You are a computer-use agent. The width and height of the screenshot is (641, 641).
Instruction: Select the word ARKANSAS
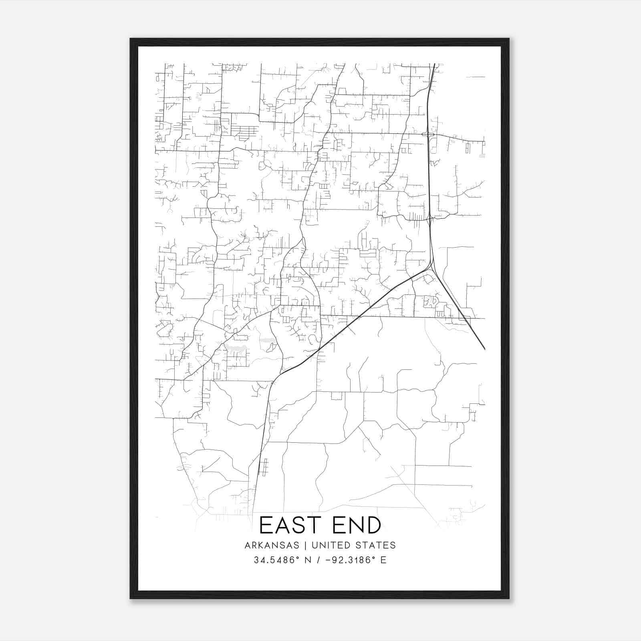(272, 545)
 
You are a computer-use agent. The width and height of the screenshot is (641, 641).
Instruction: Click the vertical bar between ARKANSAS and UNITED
(305, 545)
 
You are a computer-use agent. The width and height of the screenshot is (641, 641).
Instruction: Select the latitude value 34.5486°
(277, 560)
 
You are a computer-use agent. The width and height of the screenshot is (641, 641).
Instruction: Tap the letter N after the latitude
(308, 560)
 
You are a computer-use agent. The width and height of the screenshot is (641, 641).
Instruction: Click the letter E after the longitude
(383, 560)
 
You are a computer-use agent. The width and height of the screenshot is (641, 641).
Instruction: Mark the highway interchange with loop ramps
(429, 135)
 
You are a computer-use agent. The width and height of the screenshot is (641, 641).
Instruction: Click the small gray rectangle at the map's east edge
(482, 155)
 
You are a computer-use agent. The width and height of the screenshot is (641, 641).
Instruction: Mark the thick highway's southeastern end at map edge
(485, 349)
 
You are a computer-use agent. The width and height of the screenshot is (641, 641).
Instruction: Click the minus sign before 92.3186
(329, 560)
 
